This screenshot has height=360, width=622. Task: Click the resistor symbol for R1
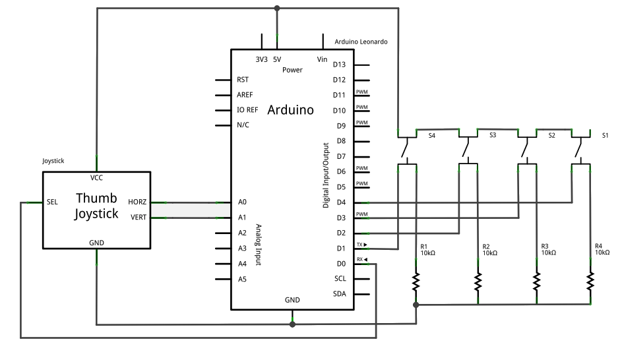(x=416, y=282)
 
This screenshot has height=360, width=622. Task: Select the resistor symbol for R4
(x=591, y=282)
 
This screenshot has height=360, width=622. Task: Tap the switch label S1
(x=606, y=135)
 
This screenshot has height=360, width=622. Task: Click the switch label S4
(x=432, y=135)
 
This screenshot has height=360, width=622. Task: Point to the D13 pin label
(x=339, y=65)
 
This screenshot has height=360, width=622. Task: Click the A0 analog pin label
(x=242, y=202)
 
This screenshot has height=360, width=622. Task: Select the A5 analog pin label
(x=242, y=279)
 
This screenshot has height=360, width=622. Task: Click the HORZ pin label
(x=138, y=202)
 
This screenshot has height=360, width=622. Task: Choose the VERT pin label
(x=139, y=218)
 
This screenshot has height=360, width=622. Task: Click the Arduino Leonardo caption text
(x=361, y=42)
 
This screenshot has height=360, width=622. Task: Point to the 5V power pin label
(x=277, y=59)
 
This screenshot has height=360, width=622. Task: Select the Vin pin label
(x=323, y=59)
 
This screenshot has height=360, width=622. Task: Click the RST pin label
(x=242, y=79)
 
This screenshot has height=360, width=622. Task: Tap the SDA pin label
(x=340, y=294)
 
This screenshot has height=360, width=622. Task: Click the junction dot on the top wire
(x=277, y=9)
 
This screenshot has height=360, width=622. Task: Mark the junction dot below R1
(x=416, y=305)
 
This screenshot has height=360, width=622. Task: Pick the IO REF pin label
(x=247, y=110)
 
